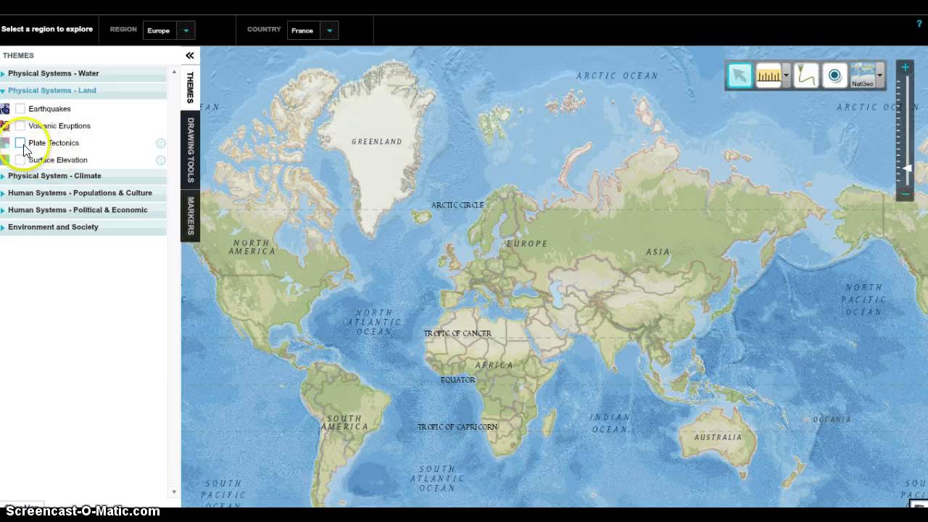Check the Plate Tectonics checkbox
(x=20, y=143)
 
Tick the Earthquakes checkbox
(x=20, y=109)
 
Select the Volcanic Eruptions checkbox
(x=20, y=126)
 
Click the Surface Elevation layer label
(x=58, y=160)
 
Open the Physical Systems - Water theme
(x=53, y=73)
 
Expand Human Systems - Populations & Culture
(x=80, y=193)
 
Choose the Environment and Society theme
(x=53, y=227)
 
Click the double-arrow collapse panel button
(x=190, y=55)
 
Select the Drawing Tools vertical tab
(x=191, y=149)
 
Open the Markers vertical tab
(x=191, y=215)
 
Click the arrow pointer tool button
(x=739, y=75)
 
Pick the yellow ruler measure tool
(x=768, y=75)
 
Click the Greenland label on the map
(x=376, y=141)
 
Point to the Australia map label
(x=718, y=437)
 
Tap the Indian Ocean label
(x=609, y=423)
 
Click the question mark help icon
(x=919, y=24)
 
